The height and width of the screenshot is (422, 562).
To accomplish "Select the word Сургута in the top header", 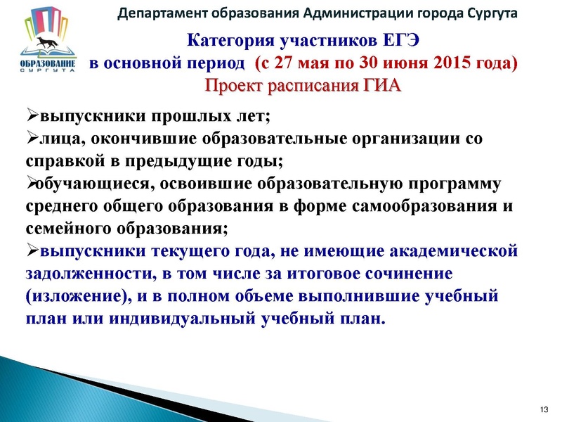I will (x=487, y=13).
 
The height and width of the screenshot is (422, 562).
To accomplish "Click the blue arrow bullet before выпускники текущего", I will (x=31, y=250).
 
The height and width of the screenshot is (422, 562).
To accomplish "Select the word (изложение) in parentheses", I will (x=77, y=295).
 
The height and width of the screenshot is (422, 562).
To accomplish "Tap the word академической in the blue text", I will (x=448, y=250).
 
